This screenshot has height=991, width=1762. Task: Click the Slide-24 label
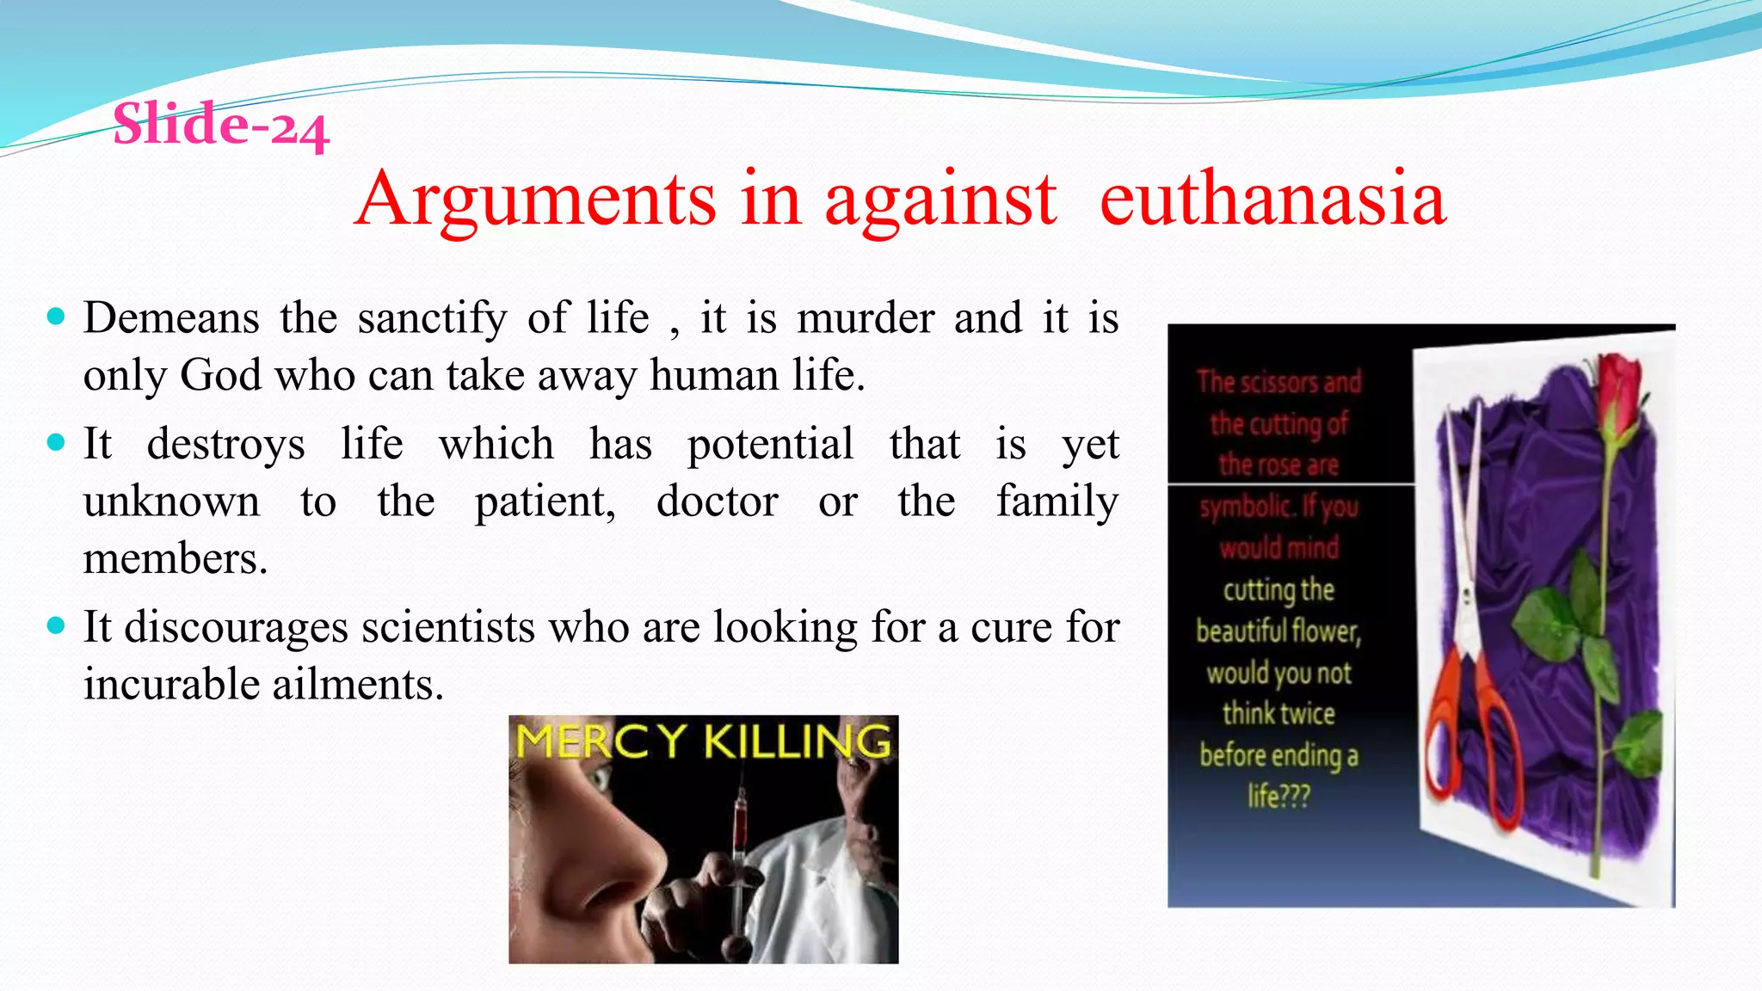(221, 125)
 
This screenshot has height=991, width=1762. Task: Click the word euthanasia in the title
(1272, 199)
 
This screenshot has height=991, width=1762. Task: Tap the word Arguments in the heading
(535, 200)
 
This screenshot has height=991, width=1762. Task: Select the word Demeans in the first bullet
(171, 318)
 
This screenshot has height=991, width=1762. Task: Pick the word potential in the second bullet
(770, 445)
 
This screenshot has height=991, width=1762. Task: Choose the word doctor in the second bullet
(718, 502)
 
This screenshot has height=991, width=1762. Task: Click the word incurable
(172, 685)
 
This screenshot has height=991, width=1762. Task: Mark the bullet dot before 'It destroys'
(57, 443)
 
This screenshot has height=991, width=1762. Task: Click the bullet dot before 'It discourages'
(57, 626)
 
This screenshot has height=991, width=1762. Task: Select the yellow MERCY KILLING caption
(703, 742)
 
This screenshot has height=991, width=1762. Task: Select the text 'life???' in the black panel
(1278, 797)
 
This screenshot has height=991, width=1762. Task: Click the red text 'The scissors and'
(1278, 381)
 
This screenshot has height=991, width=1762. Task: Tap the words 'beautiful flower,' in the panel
(1278, 631)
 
